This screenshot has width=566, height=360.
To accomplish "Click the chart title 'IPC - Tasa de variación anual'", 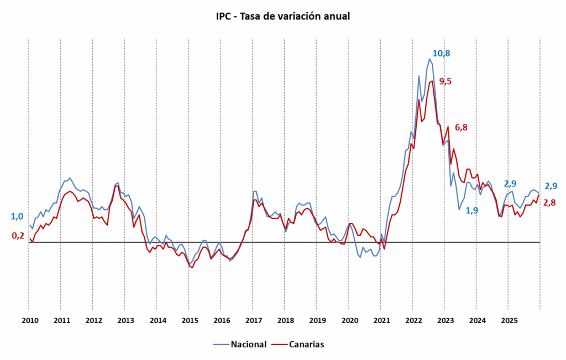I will pos(283,16).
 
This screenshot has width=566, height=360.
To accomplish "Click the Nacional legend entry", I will pos(240,344).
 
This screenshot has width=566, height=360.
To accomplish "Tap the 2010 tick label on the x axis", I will pos(29,320).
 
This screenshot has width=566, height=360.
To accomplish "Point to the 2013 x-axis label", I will pos(125,320).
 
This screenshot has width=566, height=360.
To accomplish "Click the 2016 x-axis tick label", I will pos(222,320).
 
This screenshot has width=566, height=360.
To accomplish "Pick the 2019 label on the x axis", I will pos(317,320).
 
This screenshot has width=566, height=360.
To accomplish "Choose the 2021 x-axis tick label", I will pos(381,320).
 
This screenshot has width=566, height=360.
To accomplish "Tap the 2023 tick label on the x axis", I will pos(446,320).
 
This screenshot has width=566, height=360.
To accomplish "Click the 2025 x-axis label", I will pos(509,320).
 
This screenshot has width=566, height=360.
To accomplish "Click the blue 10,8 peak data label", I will pos(441,54).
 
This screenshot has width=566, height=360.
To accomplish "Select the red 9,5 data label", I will pos(445,81).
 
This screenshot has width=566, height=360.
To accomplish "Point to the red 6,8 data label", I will pos(461,127).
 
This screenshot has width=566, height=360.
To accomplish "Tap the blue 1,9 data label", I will pos(472,210).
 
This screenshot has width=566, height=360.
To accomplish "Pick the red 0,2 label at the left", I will pos(18,236).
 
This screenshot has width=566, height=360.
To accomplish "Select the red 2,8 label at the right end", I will pos(549,202).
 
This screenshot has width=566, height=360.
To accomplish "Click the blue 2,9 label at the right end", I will pos(551,186).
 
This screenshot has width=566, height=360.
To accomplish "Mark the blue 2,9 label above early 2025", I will pos(510,184).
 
